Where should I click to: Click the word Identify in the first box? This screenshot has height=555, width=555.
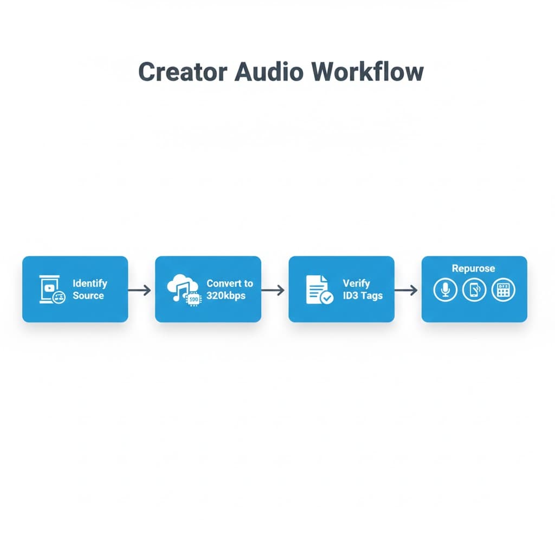(90, 283)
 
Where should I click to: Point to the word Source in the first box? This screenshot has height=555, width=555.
(88, 295)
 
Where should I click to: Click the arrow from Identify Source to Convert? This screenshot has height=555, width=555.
(140, 291)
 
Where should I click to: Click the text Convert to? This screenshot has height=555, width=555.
(230, 283)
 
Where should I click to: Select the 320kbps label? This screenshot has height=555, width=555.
(227, 295)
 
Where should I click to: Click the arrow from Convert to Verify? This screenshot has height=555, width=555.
(273, 291)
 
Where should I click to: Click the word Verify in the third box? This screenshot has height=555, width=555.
(357, 283)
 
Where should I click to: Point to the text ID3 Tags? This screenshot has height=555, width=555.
(363, 295)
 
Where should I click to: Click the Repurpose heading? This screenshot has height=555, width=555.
(474, 269)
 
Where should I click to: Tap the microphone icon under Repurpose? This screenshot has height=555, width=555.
(446, 290)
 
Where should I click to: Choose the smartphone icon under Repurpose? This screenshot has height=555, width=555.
(474, 290)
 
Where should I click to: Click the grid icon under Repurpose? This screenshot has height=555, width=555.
(503, 290)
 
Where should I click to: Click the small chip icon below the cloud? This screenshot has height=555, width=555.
(193, 299)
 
